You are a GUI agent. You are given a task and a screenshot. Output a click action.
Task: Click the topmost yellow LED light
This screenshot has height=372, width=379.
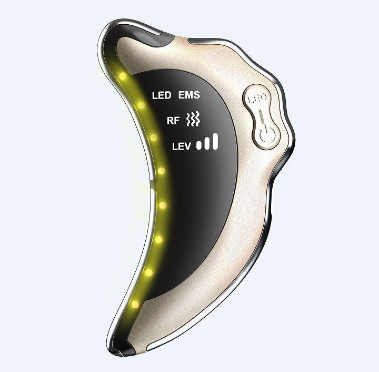tap(123, 76)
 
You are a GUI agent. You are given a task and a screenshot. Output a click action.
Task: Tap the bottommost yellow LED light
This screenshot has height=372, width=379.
tap(135, 304)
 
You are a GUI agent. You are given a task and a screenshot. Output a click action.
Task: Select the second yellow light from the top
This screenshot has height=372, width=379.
tap(141, 105)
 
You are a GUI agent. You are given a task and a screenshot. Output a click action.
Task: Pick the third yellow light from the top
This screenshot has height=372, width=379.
tap(154, 137)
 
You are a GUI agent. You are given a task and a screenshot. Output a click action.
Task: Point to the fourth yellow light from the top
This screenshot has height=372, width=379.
tap(161, 171)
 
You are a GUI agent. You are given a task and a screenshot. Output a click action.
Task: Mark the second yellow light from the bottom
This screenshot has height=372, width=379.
tap(148, 272)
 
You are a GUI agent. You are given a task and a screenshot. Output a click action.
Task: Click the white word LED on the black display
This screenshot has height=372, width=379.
tap(162, 96)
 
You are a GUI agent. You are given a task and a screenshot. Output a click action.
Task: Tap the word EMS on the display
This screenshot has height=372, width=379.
tap(190, 95)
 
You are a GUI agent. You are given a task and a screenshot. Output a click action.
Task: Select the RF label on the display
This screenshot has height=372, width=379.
tap(173, 121)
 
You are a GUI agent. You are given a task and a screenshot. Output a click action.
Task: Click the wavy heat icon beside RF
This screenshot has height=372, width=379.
tap(194, 120)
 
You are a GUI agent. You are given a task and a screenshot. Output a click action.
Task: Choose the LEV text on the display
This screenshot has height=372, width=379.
tap(183, 147)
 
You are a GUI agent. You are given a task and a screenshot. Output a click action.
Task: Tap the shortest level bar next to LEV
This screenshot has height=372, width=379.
tap(200, 146)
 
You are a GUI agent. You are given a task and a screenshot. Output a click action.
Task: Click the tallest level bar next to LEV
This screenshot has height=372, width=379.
tap(215, 141)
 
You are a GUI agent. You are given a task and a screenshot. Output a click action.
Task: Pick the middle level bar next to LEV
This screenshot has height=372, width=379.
tap(207, 143)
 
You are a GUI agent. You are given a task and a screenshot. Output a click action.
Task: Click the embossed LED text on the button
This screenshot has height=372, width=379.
tap(258, 99)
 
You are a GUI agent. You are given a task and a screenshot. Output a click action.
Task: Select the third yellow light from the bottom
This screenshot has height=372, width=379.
tap(158, 239)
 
